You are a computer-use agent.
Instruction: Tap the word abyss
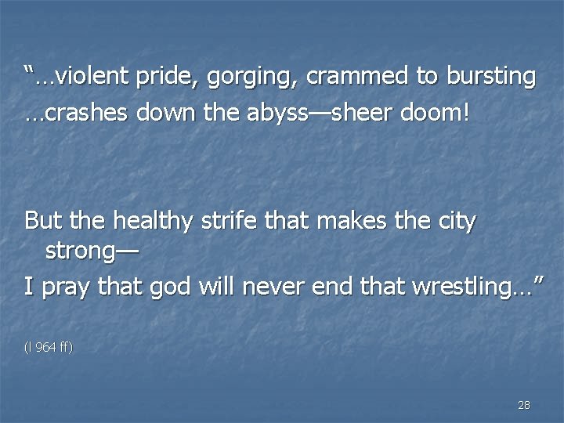(288, 114)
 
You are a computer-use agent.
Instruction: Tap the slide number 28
(524, 405)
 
